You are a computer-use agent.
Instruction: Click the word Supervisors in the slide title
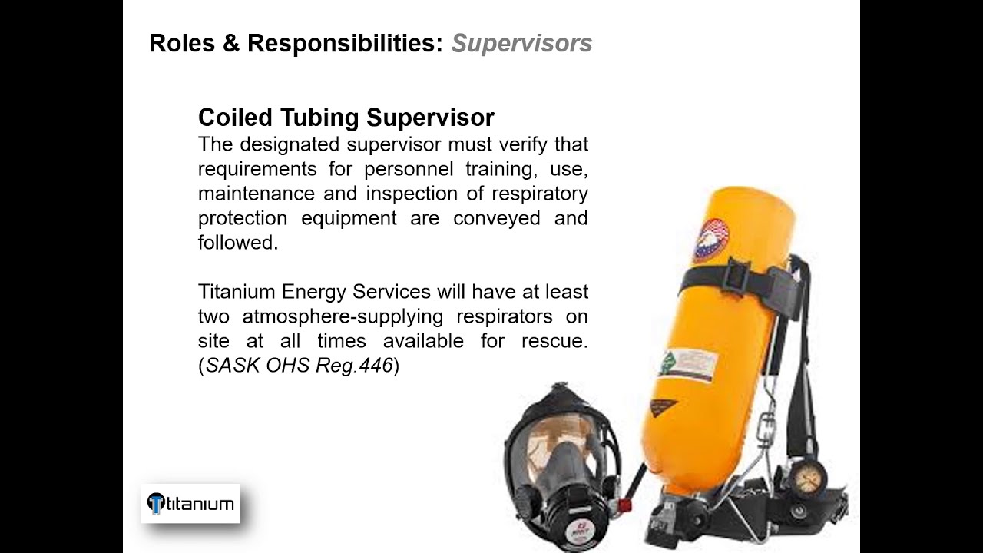pyautogui.click(x=521, y=44)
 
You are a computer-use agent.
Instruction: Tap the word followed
pyautogui.click(x=237, y=242)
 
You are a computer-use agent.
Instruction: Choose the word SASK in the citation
pyautogui.click(x=232, y=366)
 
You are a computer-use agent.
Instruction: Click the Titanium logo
pyautogui.click(x=190, y=504)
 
